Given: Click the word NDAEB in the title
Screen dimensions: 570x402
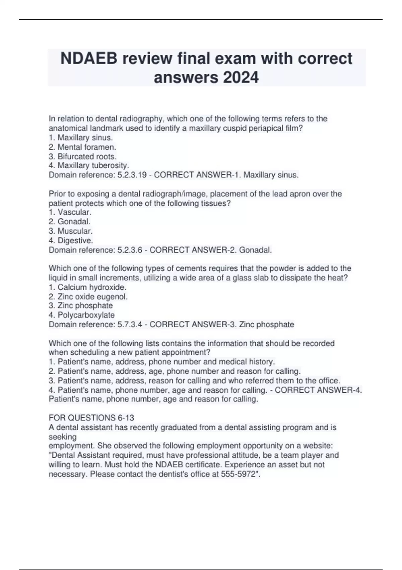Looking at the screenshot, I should (x=89, y=59).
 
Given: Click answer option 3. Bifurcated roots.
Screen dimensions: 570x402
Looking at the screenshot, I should (x=82, y=156).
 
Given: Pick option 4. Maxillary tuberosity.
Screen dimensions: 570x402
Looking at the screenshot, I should (x=89, y=165).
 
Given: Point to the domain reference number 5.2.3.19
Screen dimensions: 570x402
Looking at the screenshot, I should (x=132, y=175).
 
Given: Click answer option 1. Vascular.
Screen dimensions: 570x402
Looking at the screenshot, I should (x=70, y=212).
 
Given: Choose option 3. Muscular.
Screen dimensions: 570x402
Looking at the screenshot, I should (x=71, y=231).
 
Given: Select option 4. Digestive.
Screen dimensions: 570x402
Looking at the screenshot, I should (x=71, y=240).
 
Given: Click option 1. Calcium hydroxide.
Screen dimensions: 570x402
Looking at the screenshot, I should (x=87, y=287).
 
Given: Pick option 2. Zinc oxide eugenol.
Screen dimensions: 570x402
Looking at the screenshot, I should (x=88, y=297).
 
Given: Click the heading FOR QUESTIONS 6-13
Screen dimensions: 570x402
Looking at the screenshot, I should (x=91, y=418).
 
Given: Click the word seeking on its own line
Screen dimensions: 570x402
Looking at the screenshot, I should (x=63, y=437).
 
